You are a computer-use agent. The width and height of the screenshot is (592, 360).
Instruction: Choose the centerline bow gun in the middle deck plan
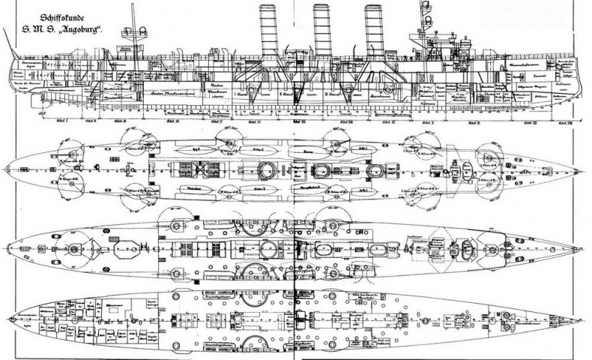click(x=491, y=244)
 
